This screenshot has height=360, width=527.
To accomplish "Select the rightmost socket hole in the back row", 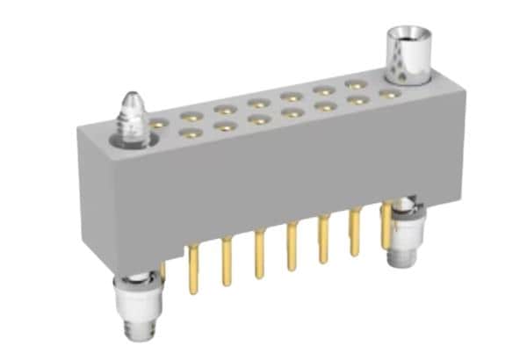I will click(x=387, y=91).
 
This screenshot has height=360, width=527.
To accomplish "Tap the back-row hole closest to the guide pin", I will click(x=157, y=126).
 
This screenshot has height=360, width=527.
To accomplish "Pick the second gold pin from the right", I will click(x=355, y=232).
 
